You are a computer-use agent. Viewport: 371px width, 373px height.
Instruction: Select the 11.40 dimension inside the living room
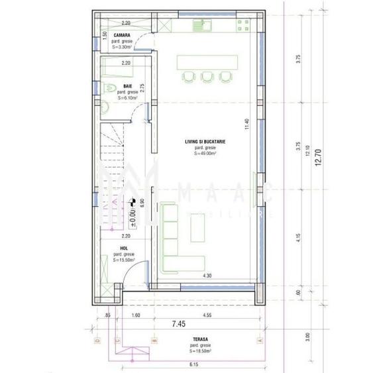click(246, 125)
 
